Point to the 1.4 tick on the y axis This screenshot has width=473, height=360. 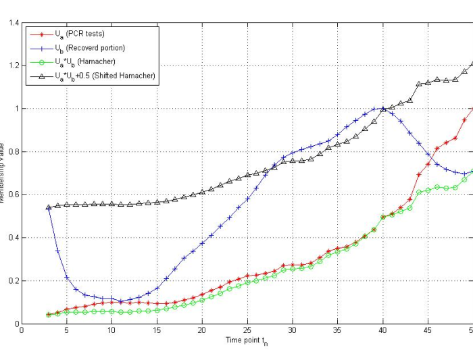coord(13,23)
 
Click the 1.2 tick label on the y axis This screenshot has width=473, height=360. coord(13,66)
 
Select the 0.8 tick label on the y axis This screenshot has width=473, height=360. coord(13,152)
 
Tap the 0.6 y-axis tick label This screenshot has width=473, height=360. coord(13,195)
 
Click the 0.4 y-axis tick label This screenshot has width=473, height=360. coord(13,238)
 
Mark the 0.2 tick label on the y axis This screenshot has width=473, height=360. coord(13,281)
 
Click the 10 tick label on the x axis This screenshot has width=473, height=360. coord(111,332)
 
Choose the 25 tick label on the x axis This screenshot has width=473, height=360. coord(247,332)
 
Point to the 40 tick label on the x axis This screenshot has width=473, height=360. coord(382,332)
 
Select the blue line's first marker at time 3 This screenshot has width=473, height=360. coord(49,207)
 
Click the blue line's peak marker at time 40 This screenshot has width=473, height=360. coord(383,109)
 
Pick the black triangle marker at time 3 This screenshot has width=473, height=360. coord(49,207)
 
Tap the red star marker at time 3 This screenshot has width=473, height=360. coord(49,314)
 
